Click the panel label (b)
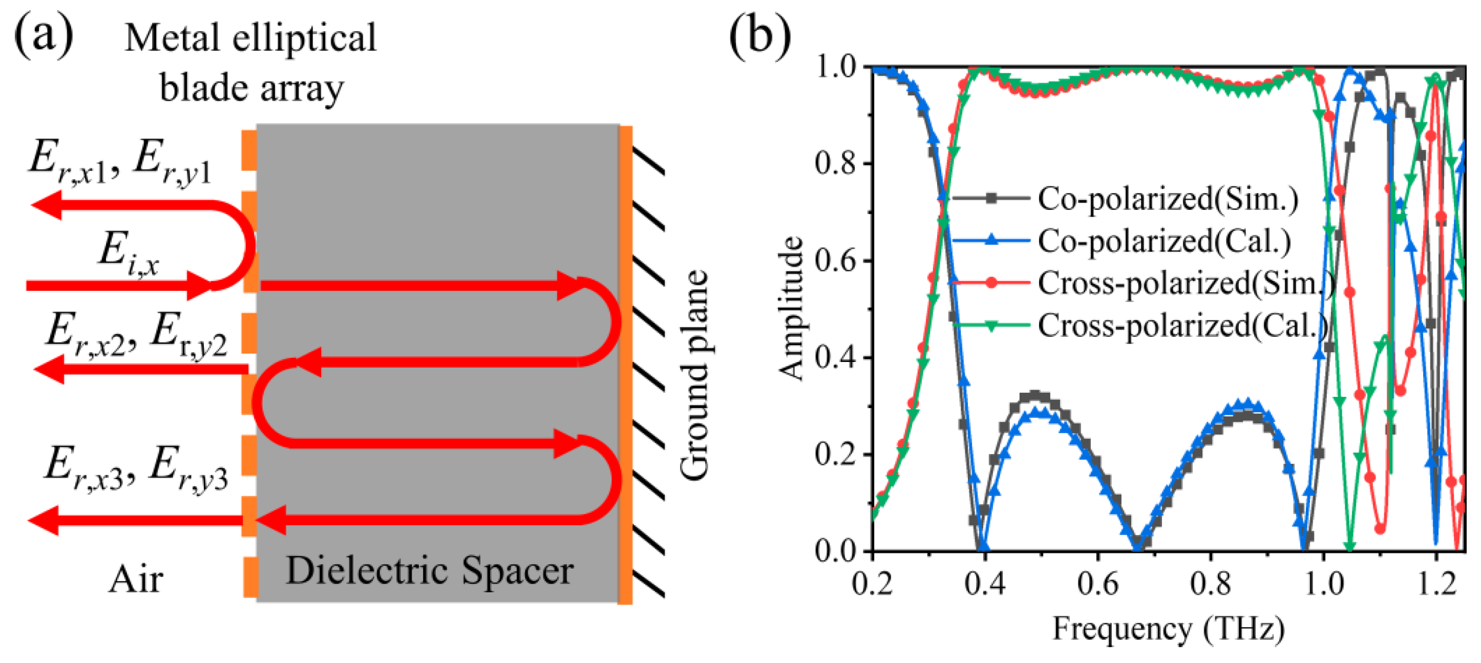759,37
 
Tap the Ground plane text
693,375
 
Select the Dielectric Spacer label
430,571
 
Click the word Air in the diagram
136,579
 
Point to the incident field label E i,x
128,255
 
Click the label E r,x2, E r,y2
136,336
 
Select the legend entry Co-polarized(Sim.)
1167,198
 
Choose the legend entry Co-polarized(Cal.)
1163,241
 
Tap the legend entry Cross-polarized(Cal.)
1182,326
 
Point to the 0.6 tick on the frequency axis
1097,583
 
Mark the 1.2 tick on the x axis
1436,583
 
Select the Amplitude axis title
792,308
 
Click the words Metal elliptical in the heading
250,38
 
